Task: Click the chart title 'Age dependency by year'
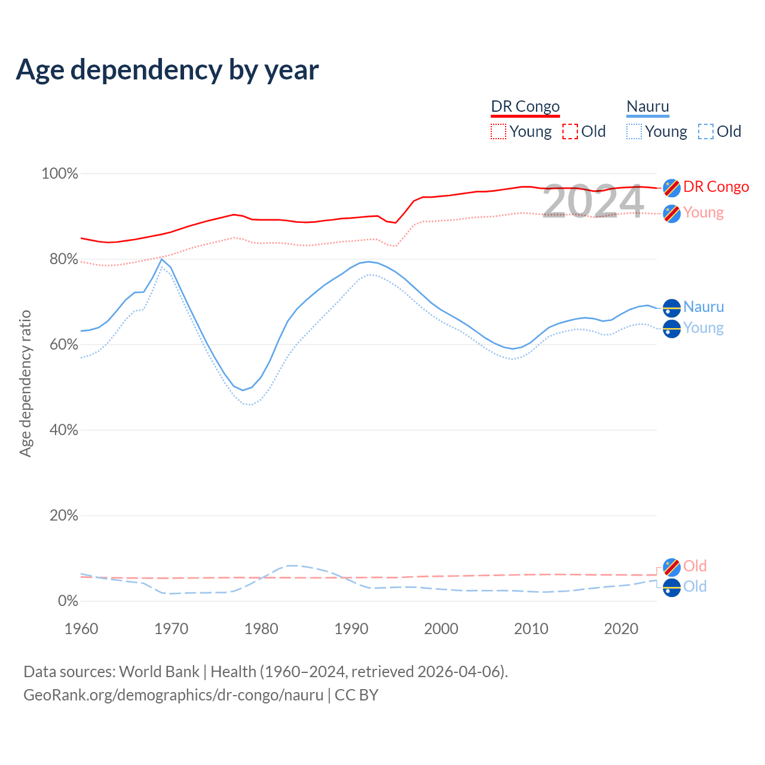(167, 70)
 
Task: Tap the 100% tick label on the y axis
(59, 174)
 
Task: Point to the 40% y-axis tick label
(63, 430)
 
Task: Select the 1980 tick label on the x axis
(261, 629)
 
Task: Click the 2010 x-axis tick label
(531, 629)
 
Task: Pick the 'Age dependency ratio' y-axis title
(25, 383)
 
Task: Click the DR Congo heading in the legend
(525, 107)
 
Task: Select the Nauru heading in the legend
(648, 107)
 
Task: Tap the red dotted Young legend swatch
(498, 131)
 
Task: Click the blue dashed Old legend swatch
(706, 131)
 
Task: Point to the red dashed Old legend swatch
(570, 131)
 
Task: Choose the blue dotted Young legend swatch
(634, 131)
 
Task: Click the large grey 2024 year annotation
(593, 201)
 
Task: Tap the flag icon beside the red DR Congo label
(672, 187)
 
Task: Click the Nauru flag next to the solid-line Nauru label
(672, 307)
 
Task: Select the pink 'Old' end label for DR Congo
(695, 566)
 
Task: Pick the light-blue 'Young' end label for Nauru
(703, 328)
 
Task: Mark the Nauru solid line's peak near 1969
(161, 259)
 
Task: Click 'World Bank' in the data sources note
(159, 672)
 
